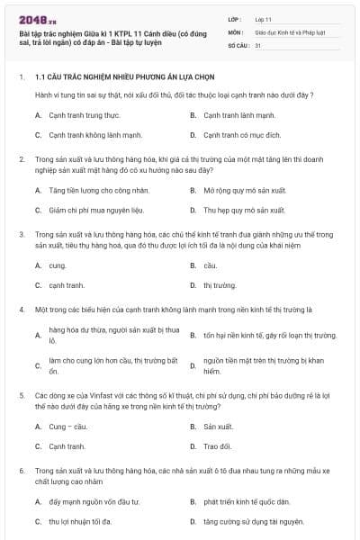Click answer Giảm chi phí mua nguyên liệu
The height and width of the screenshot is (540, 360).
click(96, 210)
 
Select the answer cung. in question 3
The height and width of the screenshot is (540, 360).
click(58, 265)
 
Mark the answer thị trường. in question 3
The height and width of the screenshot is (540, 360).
click(220, 285)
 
